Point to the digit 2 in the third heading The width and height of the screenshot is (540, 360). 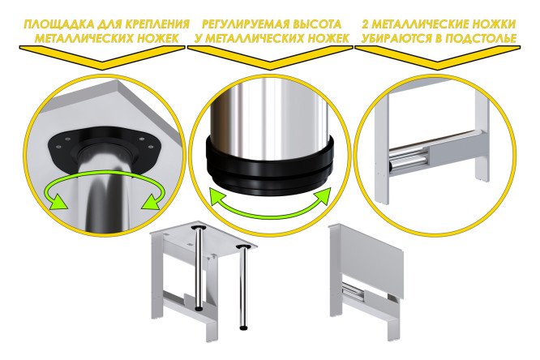[x=366, y=24]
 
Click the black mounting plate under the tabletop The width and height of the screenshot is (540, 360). [x=103, y=148]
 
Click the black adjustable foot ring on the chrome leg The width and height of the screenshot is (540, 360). [x=270, y=164]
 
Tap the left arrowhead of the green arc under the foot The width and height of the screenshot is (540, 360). [x=219, y=197]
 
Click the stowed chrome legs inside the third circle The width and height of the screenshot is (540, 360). [x=409, y=158]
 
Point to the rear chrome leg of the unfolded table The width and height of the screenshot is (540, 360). [x=199, y=268]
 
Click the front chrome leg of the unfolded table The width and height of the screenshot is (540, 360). [x=243, y=287]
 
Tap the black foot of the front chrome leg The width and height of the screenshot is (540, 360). [x=243, y=328]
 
